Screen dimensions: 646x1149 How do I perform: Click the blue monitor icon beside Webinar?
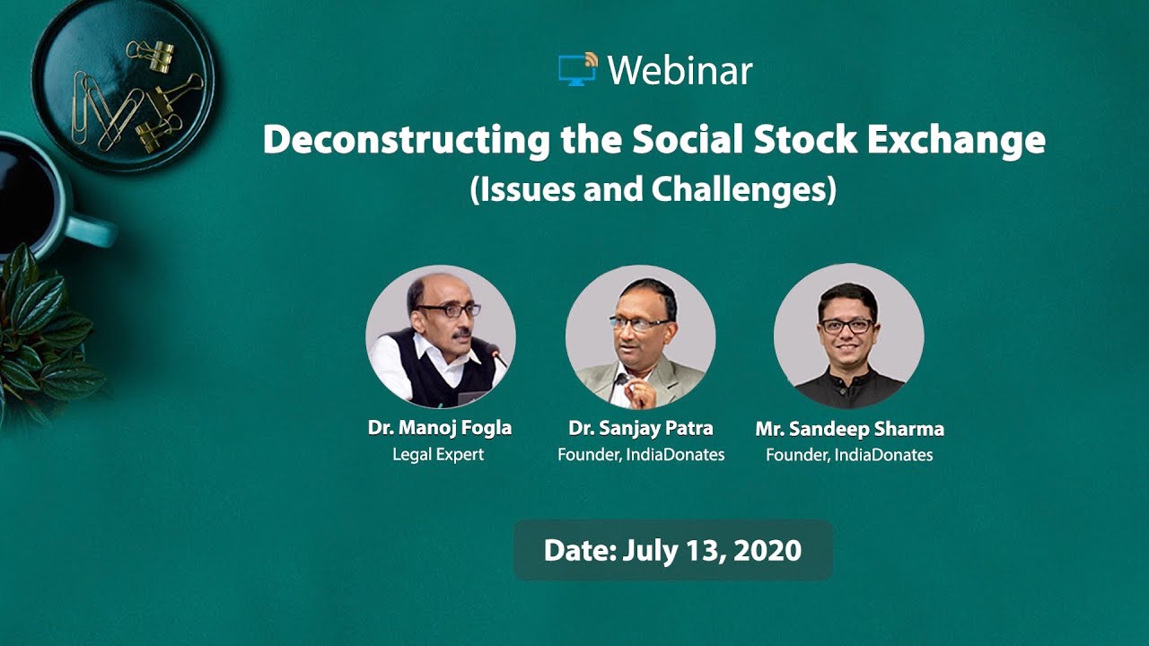point(576,70)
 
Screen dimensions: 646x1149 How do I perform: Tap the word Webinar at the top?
point(680,71)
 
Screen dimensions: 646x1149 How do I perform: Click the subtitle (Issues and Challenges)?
point(653,189)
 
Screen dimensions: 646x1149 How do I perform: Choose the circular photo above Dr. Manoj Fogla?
point(440,336)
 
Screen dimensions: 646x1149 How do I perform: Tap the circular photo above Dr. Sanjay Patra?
point(640,336)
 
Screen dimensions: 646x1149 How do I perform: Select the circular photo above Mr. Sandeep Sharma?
point(848,336)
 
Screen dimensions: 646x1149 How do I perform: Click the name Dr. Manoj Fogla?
point(440,428)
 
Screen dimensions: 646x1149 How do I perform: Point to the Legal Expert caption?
point(438,455)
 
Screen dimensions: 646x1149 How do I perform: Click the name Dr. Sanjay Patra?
point(641,428)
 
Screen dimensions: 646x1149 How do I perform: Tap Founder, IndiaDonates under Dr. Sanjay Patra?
point(641,455)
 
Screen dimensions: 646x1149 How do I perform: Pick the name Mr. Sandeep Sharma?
point(849,429)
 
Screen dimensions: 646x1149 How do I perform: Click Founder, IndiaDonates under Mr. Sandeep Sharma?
point(849,456)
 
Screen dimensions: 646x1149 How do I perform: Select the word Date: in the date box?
point(577,550)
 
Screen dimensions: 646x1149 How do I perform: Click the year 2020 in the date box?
point(767,550)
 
